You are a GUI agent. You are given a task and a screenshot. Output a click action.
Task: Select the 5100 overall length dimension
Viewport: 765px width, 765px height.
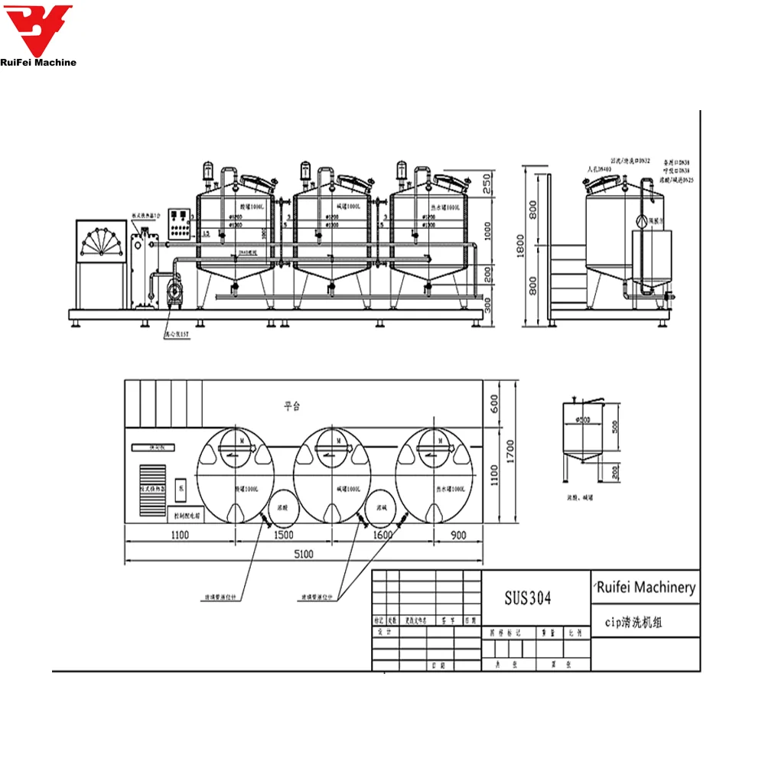(304, 556)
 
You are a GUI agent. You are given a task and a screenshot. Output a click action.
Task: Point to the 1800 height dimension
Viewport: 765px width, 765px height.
(522, 246)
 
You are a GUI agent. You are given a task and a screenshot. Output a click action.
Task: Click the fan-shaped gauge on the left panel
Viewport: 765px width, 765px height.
(100, 244)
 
